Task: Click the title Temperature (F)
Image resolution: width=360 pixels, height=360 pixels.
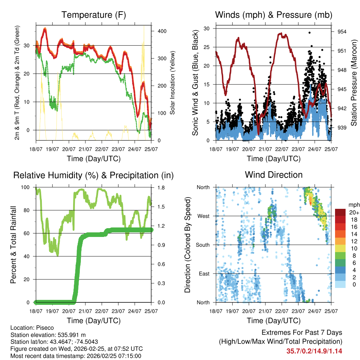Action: [x=94, y=15]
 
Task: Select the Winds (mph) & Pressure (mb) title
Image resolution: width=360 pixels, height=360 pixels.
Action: [x=274, y=15]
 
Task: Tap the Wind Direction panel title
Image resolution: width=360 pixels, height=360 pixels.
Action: [x=274, y=175]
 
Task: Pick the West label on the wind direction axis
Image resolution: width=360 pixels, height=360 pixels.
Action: [x=203, y=216]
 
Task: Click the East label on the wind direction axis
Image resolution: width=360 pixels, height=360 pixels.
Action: [x=204, y=274]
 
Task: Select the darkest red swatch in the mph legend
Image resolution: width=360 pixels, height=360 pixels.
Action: [x=340, y=212]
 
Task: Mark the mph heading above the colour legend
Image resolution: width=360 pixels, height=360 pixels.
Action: [x=353, y=205]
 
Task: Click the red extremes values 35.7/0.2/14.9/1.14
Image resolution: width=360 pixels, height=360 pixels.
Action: [x=314, y=351]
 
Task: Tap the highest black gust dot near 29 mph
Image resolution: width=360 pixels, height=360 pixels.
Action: [x=309, y=32]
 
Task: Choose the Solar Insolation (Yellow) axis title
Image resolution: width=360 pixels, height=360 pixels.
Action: [x=173, y=83]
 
